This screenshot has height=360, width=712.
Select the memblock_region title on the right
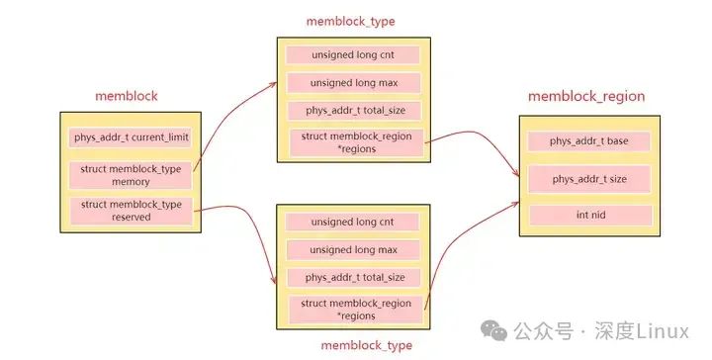tap(586, 96)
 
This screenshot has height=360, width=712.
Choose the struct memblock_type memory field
tap(130, 175)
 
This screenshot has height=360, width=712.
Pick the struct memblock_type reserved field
tap(130, 210)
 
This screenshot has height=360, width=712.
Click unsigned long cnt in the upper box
tap(352, 55)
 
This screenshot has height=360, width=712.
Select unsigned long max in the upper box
tap(352, 83)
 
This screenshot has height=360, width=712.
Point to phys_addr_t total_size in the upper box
tap(352, 111)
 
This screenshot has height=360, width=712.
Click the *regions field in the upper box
tap(355, 142)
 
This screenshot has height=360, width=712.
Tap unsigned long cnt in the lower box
tap(352, 222)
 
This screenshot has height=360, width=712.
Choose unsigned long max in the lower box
tap(352, 249)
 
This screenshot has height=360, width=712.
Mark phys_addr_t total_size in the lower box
tap(352, 277)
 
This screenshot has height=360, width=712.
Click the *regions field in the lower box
tap(355, 309)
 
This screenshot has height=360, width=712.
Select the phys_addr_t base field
tap(589, 141)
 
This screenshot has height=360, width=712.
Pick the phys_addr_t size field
tap(589, 179)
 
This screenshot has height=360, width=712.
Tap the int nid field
tap(589, 215)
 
